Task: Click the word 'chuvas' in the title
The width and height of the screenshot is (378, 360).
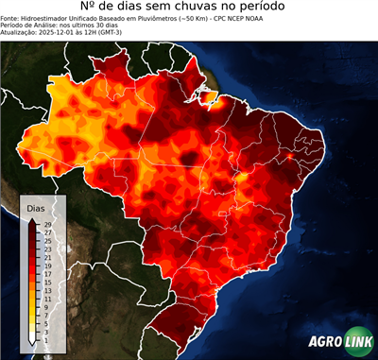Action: pyautogui.click(x=202, y=10)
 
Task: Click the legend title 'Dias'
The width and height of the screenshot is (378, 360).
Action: pyautogui.click(x=36, y=207)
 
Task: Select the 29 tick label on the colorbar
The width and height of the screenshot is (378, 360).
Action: pyautogui.click(x=46, y=223)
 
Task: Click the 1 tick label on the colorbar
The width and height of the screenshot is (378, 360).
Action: pyautogui.click(x=45, y=338)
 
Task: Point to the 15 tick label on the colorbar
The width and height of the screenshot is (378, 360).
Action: pyautogui.click(x=46, y=282)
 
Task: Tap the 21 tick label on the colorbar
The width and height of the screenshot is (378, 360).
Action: pyautogui.click(x=46, y=256)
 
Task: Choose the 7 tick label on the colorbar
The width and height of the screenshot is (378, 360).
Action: pyautogui.click(x=45, y=314)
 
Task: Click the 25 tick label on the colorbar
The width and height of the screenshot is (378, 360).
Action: pyautogui.click(x=46, y=240)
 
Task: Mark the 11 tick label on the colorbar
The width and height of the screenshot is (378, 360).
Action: pyautogui.click(x=46, y=298)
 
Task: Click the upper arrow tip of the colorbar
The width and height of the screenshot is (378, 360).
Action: pyautogui.click(x=32, y=218)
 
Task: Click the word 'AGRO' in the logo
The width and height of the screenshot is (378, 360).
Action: pyautogui.click(x=325, y=342)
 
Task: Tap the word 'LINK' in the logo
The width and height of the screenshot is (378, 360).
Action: pyautogui.click(x=357, y=342)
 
